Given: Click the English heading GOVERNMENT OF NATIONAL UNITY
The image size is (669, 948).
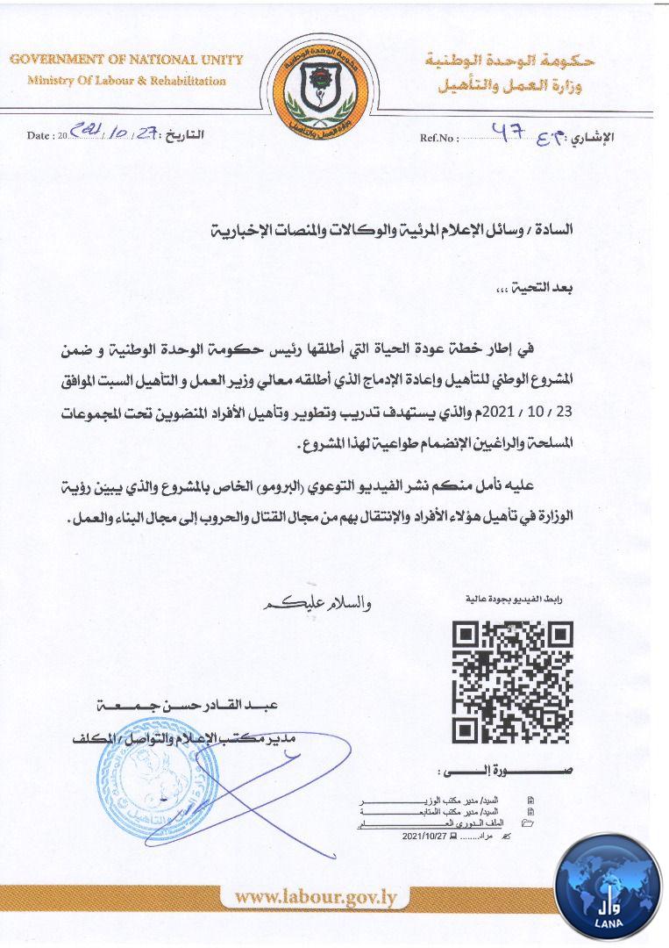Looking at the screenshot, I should point(126,61).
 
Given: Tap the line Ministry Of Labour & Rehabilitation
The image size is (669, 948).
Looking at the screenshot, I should point(126,81).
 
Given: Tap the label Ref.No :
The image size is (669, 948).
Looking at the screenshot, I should point(439,138).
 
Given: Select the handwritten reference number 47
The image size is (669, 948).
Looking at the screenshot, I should point(509,133).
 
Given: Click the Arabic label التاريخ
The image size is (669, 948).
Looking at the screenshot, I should point(185,136).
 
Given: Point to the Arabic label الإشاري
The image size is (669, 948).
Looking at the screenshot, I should point(593,138).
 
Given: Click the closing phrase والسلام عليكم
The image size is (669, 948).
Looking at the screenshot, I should point(313,604).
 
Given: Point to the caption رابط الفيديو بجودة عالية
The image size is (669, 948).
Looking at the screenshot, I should point(513,600).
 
